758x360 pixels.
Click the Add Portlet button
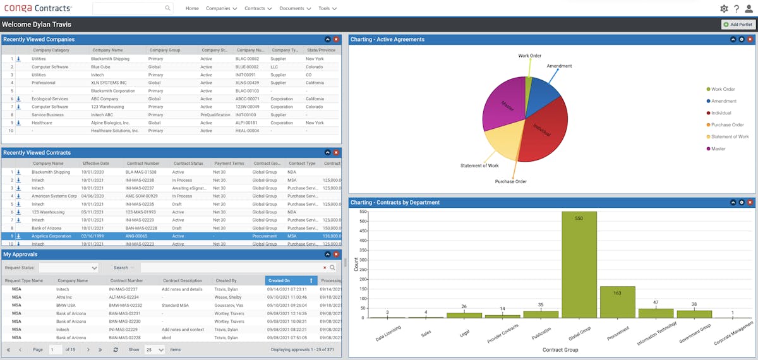[x=738, y=25]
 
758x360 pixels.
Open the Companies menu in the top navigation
[x=221, y=9]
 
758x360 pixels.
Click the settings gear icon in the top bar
[x=724, y=9]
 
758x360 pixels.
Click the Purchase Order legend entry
[x=726, y=125]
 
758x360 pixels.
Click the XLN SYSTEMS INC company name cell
[x=109, y=83]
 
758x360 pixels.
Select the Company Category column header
[x=51, y=50]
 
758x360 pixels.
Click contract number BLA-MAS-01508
[x=140, y=172]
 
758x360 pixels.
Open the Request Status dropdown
[x=69, y=268]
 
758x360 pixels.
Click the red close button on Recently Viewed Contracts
[x=336, y=153]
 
